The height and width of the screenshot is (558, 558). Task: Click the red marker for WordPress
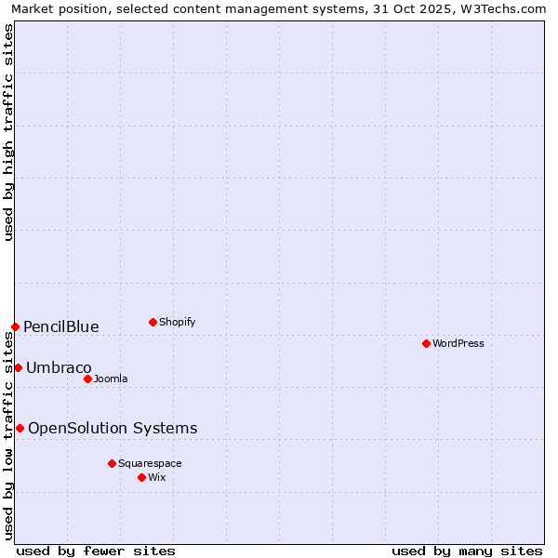click(x=426, y=343)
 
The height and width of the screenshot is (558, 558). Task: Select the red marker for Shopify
click(x=153, y=322)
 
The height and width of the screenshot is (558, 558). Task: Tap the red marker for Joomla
click(x=87, y=379)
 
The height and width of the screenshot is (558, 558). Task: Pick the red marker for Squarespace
click(x=112, y=463)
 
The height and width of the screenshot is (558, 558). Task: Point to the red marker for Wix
click(x=141, y=477)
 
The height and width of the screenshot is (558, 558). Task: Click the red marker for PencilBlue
click(x=15, y=326)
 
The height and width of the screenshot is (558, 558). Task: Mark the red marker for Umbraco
click(x=18, y=367)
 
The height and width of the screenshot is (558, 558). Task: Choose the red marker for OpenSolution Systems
click(x=20, y=428)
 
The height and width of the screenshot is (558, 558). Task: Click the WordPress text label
click(x=458, y=343)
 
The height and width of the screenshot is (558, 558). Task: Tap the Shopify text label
click(x=177, y=322)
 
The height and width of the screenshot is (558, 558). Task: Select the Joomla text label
click(x=111, y=379)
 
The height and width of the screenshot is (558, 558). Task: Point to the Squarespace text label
click(x=150, y=463)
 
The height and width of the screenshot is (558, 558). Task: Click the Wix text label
click(x=157, y=477)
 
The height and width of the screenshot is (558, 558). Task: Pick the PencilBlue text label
click(x=61, y=326)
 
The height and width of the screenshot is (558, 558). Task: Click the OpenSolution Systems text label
click(x=113, y=428)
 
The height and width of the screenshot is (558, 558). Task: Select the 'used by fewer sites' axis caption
click(x=96, y=551)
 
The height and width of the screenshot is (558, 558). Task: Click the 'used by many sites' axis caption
click(x=467, y=551)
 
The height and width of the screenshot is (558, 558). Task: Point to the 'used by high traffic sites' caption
click(x=8, y=132)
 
